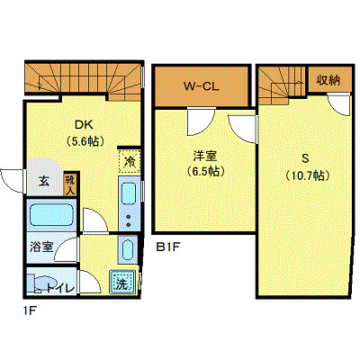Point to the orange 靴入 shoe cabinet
coord(71,184)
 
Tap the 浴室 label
coord(40,245)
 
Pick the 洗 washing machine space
coord(122,283)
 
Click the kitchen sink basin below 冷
coord(127,194)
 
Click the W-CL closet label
coord(202,86)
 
